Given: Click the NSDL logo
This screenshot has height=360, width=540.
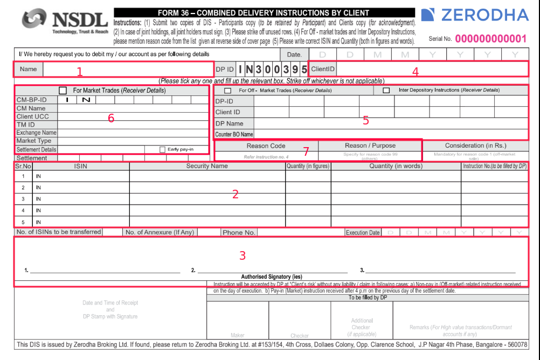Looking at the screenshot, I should tap(65, 21).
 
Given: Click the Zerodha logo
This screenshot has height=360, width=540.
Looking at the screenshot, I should tap(475, 15).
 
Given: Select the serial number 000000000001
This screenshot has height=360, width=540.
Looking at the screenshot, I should tap(490, 39).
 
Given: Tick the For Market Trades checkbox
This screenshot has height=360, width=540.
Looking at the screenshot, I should tap(63, 91).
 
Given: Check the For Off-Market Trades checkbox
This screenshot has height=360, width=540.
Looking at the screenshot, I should tap(227, 91).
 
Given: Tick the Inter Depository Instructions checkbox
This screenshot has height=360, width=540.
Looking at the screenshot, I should tap(386, 91).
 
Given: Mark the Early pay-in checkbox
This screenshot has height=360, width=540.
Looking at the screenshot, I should tap(162, 149).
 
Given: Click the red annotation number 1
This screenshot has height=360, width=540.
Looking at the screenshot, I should tap(80, 72).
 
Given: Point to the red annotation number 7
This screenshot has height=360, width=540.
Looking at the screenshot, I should tap(306, 152).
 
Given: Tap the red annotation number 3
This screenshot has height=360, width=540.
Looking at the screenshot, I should tap(243, 255).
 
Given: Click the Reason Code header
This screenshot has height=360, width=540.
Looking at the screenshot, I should tap(266, 146).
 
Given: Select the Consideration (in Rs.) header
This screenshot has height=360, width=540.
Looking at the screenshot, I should tap(475, 146).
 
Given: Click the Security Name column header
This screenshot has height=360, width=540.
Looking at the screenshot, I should tap(207, 166).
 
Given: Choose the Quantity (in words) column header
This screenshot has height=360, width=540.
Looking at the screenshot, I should tap(396, 166).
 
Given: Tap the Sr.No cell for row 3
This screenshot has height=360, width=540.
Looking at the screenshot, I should tap(23, 199).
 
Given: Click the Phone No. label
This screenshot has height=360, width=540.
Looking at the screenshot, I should tap(239, 232).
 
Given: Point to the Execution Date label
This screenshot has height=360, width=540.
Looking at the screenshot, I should tap(363, 233).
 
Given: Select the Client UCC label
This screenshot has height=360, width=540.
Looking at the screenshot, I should tap(33, 116).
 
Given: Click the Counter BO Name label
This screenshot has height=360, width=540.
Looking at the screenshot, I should tap(234, 134).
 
